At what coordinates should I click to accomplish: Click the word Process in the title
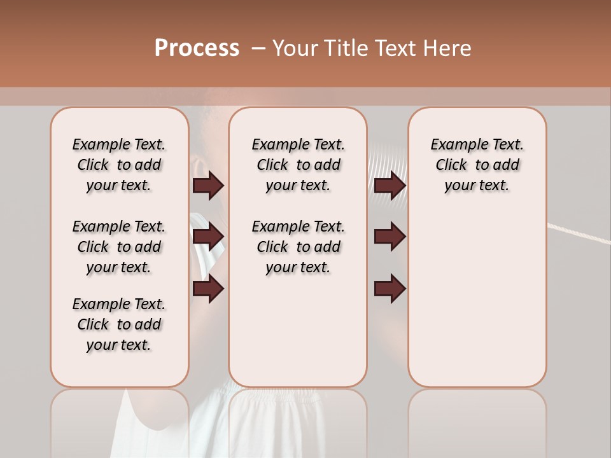[x=196, y=48]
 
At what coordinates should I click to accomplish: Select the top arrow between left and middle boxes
[x=208, y=186]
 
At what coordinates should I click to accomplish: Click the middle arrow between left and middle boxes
[x=208, y=237]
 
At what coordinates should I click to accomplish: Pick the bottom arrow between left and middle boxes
[x=208, y=289]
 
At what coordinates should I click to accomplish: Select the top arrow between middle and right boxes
[x=390, y=186]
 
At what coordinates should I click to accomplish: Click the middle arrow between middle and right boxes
[x=390, y=237]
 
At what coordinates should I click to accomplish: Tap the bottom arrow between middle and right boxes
[x=390, y=289]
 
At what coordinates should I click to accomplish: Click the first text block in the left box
[x=119, y=165]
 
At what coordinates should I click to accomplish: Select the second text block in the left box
[x=119, y=247]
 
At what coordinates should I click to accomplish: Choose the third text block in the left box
[x=119, y=324]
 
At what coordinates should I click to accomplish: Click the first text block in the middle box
[x=298, y=165]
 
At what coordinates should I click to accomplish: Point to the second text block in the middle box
[x=298, y=247]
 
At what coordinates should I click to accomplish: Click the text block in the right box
[x=477, y=165]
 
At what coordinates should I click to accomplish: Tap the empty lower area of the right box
[x=477, y=305]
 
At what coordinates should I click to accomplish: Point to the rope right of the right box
[x=579, y=233]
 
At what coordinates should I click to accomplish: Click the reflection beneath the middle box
[x=298, y=420]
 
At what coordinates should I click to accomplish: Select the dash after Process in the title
[x=258, y=49]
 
